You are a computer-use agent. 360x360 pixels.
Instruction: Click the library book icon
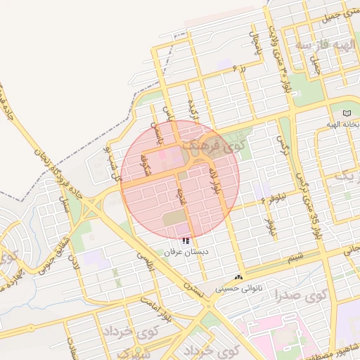click(x=345, y=113)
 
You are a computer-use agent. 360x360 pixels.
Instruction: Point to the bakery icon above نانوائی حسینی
click(x=239, y=278)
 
